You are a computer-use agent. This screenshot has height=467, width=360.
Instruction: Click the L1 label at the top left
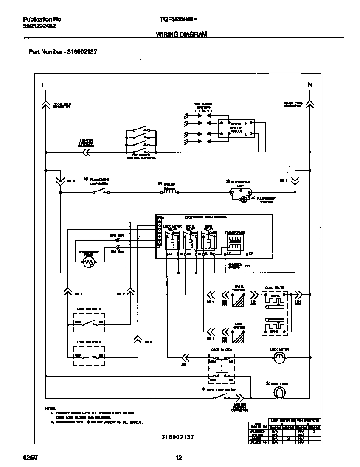coord(46,85)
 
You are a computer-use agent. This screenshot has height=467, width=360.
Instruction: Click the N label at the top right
coord(310,85)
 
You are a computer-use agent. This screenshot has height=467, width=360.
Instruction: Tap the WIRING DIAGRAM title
coord(181,34)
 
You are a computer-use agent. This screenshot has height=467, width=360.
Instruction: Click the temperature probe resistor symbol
coord(89,263)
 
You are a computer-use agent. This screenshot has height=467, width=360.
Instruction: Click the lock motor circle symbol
coord(278,358)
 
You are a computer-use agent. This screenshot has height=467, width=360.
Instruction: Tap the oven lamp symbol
coord(279,394)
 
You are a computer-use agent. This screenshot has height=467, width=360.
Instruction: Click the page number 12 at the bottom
coord(179,457)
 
